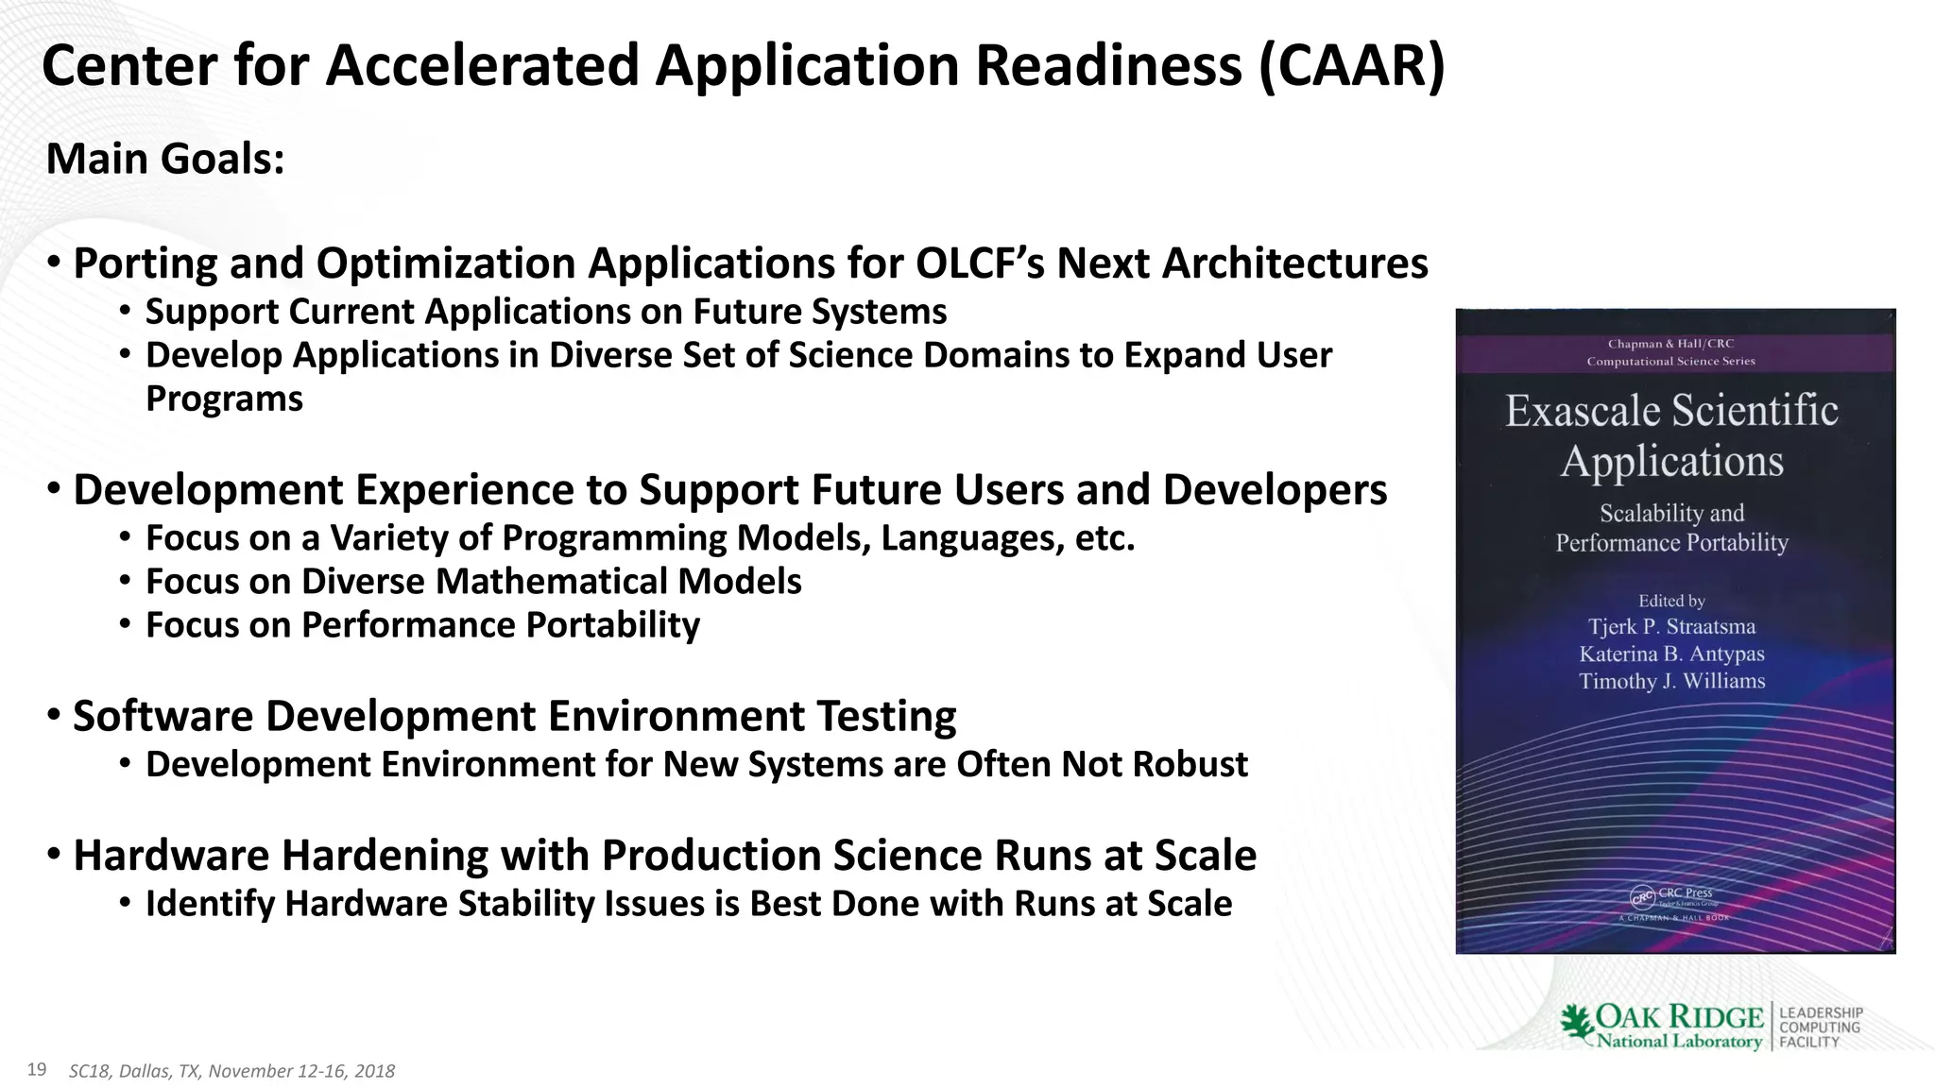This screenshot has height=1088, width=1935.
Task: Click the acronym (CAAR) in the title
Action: tap(1351, 66)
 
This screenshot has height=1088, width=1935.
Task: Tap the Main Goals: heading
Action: tap(164, 159)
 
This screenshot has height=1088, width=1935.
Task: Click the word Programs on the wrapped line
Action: tap(224, 399)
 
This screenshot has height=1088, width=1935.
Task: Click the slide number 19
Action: tap(37, 1069)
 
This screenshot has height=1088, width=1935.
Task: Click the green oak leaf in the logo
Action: tap(1576, 1024)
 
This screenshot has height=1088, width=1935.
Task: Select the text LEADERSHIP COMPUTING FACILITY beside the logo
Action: tap(1820, 1028)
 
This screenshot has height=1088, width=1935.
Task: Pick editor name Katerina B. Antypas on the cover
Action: tap(1671, 654)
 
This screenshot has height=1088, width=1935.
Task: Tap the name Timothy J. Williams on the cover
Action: tap(1671, 681)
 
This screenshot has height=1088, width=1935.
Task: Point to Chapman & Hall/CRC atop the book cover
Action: tap(1670, 344)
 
